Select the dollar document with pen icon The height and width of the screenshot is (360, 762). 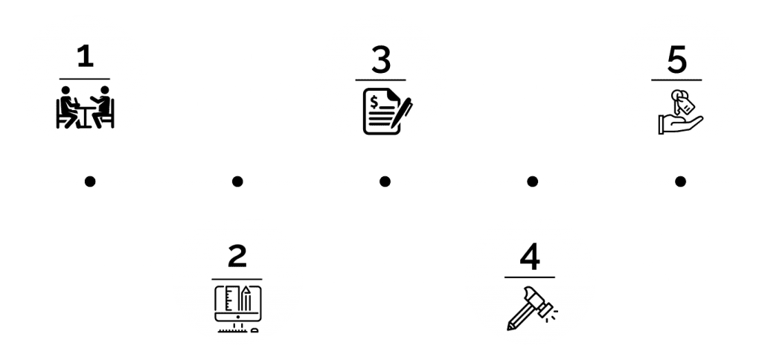pyautogui.click(x=386, y=110)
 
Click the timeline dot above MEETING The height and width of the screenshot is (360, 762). pyautogui.click(x=90, y=181)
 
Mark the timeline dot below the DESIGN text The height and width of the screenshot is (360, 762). pyautogui.click(x=237, y=181)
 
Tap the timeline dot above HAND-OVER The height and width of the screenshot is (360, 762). pyautogui.click(x=679, y=181)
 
